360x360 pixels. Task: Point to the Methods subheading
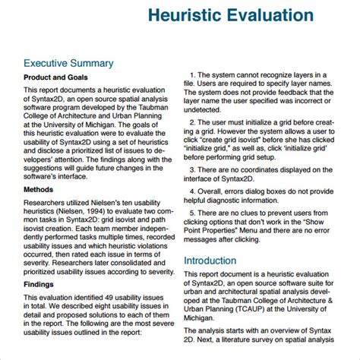tap(38, 187)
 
